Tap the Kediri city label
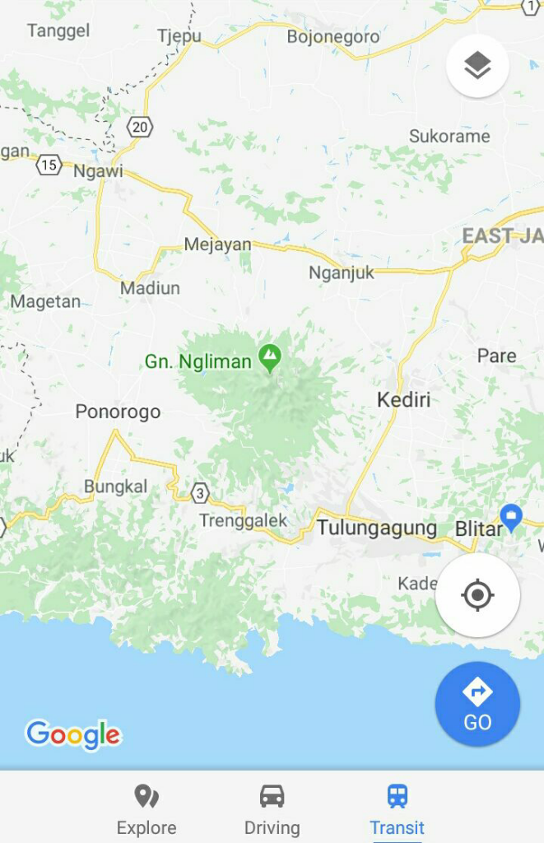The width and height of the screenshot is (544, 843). click(x=403, y=400)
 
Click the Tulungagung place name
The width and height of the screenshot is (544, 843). click(x=377, y=528)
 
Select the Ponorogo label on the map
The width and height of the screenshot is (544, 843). click(x=118, y=412)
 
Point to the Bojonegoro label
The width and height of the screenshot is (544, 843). click(x=333, y=36)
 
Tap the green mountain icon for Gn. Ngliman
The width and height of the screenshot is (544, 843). click(x=269, y=357)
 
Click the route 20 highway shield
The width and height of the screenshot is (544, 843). click(x=140, y=127)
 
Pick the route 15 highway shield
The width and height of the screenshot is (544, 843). click(x=49, y=165)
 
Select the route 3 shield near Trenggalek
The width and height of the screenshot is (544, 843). click(x=199, y=492)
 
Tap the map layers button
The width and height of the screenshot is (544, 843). click(x=477, y=66)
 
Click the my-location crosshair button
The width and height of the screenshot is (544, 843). click(x=477, y=594)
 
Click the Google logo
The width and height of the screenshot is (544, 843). click(x=73, y=734)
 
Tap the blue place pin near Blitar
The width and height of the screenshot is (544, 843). click(x=511, y=517)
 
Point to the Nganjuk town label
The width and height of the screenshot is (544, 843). click(x=342, y=273)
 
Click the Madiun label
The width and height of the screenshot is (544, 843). click(x=150, y=288)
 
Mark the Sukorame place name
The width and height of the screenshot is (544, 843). click(x=449, y=136)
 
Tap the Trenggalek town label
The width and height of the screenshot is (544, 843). click(x=244, y=520)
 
